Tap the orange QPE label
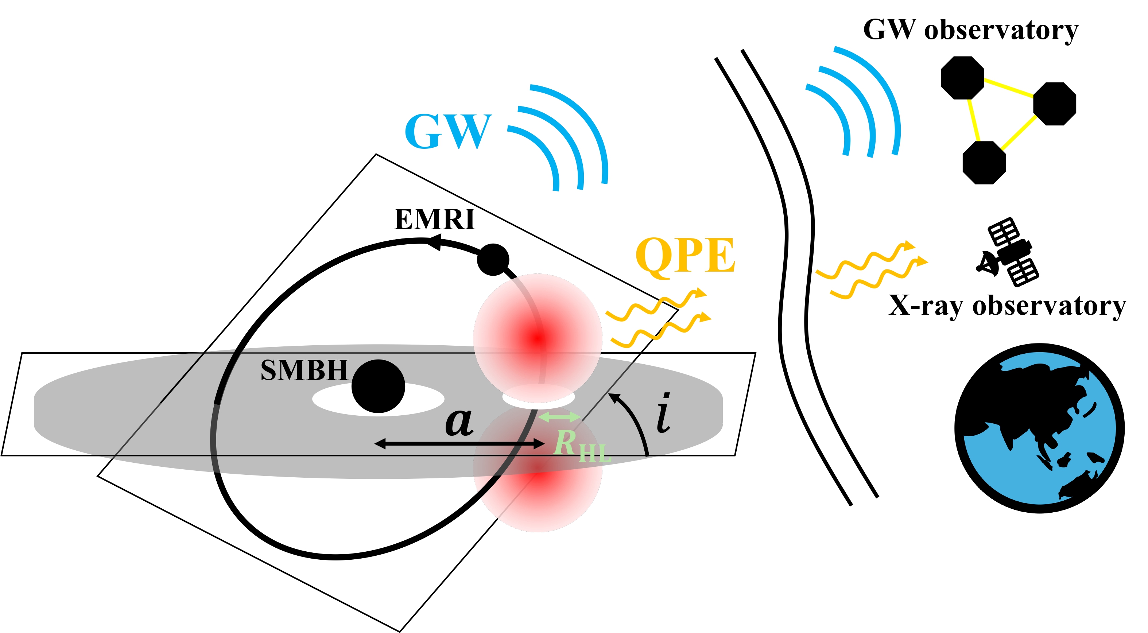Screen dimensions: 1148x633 coord(686,256)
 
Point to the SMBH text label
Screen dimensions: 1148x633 coord(304,370)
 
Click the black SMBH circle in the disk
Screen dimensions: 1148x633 coord(379,386)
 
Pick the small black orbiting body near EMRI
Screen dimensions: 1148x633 coord(493,260)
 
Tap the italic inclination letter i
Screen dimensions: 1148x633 coord(664,412)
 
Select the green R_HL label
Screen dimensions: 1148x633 coord(582,446)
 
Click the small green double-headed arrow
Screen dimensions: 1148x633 coord(559,417)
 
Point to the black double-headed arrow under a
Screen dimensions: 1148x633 coord(459,444)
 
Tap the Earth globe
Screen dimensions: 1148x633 coord(1039,428)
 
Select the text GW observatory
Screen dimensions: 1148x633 coord(971,30)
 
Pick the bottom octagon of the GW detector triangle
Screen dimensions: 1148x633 coord(984,163)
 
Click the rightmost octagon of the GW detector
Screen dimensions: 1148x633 coord(1054,104)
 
